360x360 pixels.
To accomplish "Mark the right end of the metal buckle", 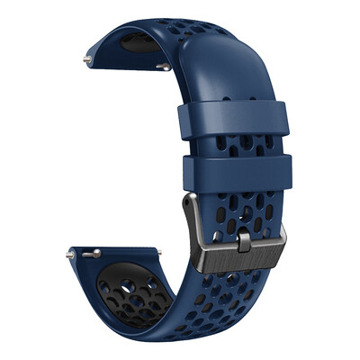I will pos(280,236).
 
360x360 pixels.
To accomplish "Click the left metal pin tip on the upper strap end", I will pos(85,59).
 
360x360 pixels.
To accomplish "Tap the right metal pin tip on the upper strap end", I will pos(165,66).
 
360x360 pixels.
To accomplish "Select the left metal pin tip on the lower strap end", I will pos(70,255).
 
